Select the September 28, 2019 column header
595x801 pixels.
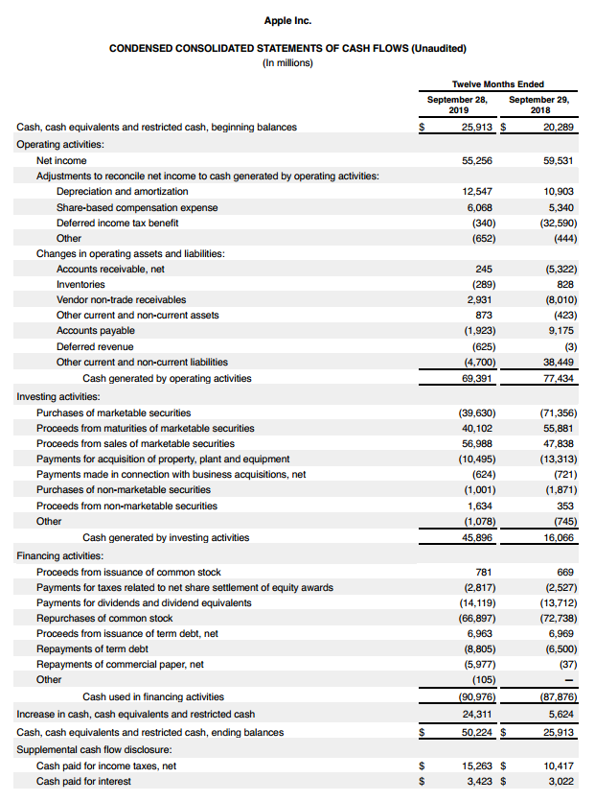pyautogui.click(x=457, y=104)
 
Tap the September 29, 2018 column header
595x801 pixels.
pyautogui.click(x=538, y=104)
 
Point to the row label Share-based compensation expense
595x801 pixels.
pyautogui.click(x=136, y=207)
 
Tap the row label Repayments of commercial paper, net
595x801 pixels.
pyautogui.click(x=120, y=664)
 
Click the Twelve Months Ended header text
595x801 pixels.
pyautogui.click(x=497, y=84)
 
